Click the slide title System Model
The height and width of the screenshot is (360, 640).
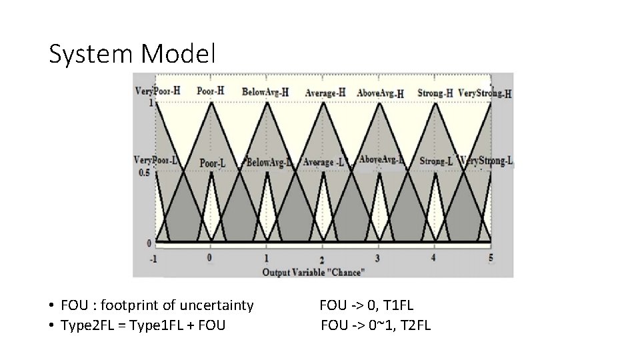(132, 54)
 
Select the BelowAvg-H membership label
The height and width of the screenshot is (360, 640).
(265, 92)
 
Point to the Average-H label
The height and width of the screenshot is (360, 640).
(325, 93)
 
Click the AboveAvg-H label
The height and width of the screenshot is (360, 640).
(380, 93)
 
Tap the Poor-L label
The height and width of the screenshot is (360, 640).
(213, 163)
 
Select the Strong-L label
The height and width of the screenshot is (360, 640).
(436, 161)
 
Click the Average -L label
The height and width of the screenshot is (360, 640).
(323, 161)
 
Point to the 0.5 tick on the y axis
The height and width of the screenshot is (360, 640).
(144, 173)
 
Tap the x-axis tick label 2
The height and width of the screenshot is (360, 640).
(323, 259)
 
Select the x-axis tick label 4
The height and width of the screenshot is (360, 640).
(434, 257)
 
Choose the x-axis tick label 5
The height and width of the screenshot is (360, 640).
(491, 257)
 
